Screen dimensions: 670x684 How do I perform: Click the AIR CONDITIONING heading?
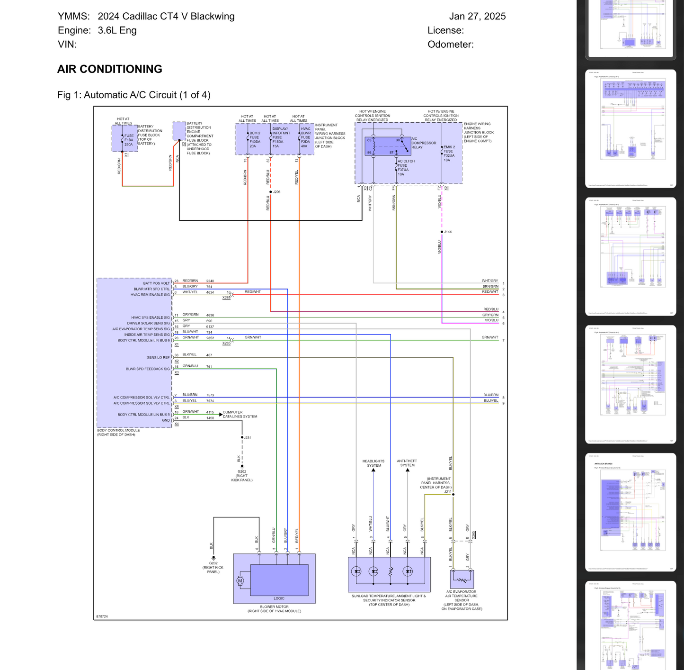click(x=109, y=69)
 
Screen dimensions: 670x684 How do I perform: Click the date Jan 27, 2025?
click(x=477, y=16)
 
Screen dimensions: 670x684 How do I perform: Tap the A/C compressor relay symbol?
click(x=388, y=146)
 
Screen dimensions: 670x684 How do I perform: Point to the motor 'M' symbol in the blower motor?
click(x=240, y=581)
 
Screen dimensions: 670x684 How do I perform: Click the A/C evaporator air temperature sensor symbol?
click(x=462, y=579)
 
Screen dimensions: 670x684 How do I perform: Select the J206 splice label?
click(x=276, y=192)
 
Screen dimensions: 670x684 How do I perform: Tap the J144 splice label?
click(x=447, y=232)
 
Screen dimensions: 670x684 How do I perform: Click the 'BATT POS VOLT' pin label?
click(x=156, y=283)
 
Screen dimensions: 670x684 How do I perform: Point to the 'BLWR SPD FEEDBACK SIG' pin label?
click(x=147, y=369)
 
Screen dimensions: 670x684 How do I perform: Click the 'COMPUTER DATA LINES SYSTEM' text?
click(x=240, y=415)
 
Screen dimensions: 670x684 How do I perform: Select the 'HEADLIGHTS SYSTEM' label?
click(x=373, y=463)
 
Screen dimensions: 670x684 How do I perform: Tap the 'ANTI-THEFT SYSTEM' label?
click(x=407, y=463)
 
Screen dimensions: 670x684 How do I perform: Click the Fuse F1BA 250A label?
click(x=129, y=140)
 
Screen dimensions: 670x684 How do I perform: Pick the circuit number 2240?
click(x=210, y=281)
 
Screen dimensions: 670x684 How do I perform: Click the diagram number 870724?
click(x=102, y=616)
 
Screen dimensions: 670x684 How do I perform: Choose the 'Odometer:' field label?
click(x=450, y=45)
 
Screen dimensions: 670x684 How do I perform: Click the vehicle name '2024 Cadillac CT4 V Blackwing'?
click(x=166, y=16)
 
